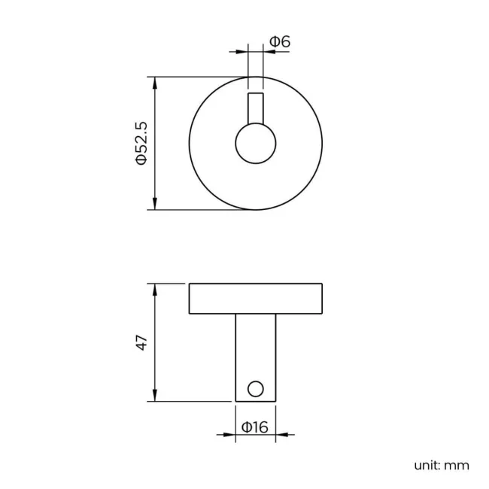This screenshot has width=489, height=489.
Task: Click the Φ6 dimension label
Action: coord(280,42)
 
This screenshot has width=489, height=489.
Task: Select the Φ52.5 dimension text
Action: coord(141,143)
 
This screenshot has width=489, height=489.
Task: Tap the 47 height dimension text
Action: coord(141,343)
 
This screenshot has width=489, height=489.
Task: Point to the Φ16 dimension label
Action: coord(255,427)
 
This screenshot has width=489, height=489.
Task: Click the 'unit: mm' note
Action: coord(442,465)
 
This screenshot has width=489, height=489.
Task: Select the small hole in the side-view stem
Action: coord(256,388)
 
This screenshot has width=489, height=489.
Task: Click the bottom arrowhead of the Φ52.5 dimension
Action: coord(155,205)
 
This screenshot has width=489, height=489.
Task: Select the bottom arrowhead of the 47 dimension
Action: coord(155,396)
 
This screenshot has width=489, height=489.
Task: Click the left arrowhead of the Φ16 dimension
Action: coord(230,434)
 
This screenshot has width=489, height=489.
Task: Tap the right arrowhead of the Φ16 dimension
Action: coord(281,434)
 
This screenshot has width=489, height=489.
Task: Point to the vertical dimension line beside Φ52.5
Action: coord(155,173)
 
